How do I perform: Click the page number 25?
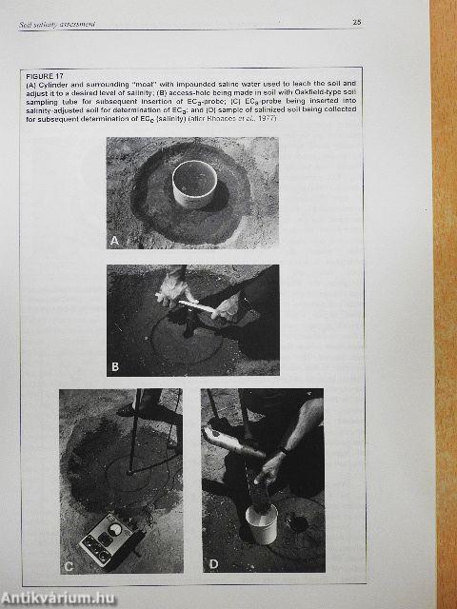tap(356, 21)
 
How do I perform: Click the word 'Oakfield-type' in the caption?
tap(316, 95)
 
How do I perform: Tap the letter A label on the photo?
tap(115, 241)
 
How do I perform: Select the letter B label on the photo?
tap(115, 363)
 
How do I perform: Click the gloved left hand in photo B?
tap(173, 287)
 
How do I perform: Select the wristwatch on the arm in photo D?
tap(285, 451)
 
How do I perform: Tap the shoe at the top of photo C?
tap(126, 409)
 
